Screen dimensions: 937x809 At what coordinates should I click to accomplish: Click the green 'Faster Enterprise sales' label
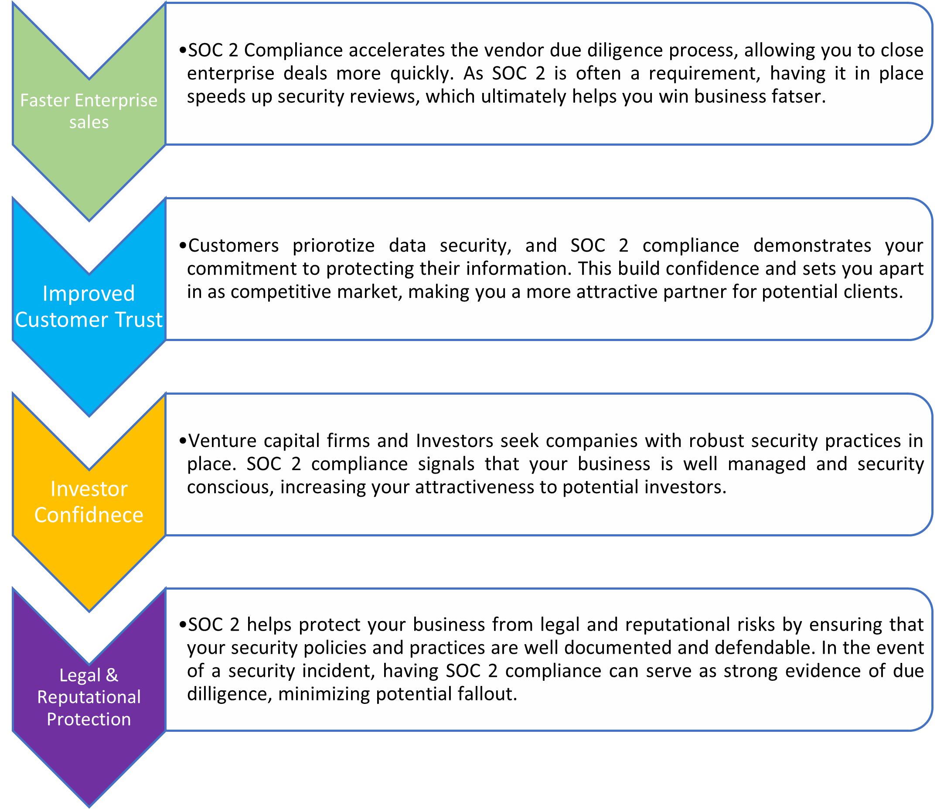tap(89, 111)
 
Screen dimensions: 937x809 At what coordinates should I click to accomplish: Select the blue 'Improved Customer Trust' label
tap(89, 307)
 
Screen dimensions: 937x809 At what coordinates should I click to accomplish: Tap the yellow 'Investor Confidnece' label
tap(89, 502)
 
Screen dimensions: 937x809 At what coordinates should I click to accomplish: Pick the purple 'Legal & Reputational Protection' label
tap(89, 697)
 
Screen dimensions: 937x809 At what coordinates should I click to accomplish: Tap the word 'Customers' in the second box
tap(233, 246)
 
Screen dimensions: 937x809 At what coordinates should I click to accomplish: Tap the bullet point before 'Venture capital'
tap(182, 441)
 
